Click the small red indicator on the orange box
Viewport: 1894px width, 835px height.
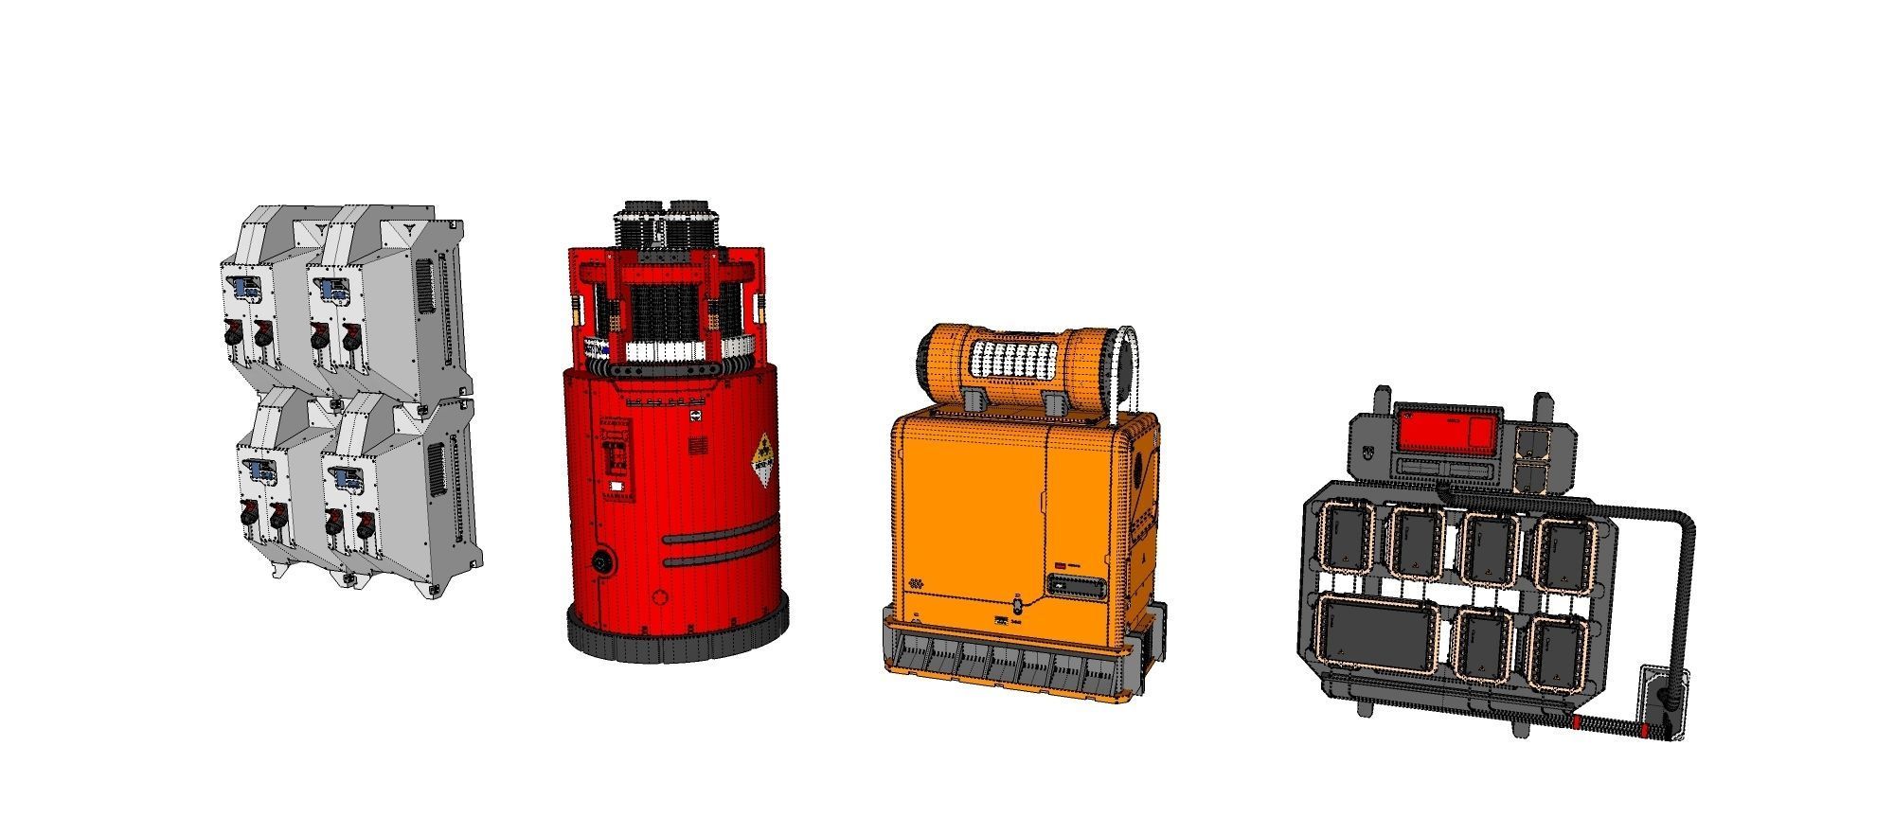pos(1062,564)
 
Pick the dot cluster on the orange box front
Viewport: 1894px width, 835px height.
pos(915,584)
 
